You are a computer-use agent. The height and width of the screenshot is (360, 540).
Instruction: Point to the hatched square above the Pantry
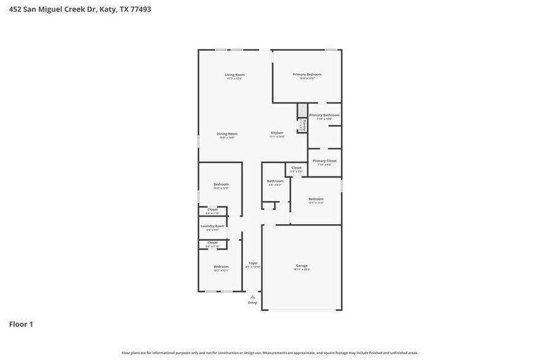pyautogui.click(x=301, y=110)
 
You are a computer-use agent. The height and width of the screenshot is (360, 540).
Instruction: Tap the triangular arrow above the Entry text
pyautogui.click(x=252, y=297)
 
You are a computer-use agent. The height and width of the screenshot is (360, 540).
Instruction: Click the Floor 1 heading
pyautogui.click(x=21, y=324)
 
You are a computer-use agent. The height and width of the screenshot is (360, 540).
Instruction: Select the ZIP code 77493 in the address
pyautogui.click(x=138, y=9)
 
